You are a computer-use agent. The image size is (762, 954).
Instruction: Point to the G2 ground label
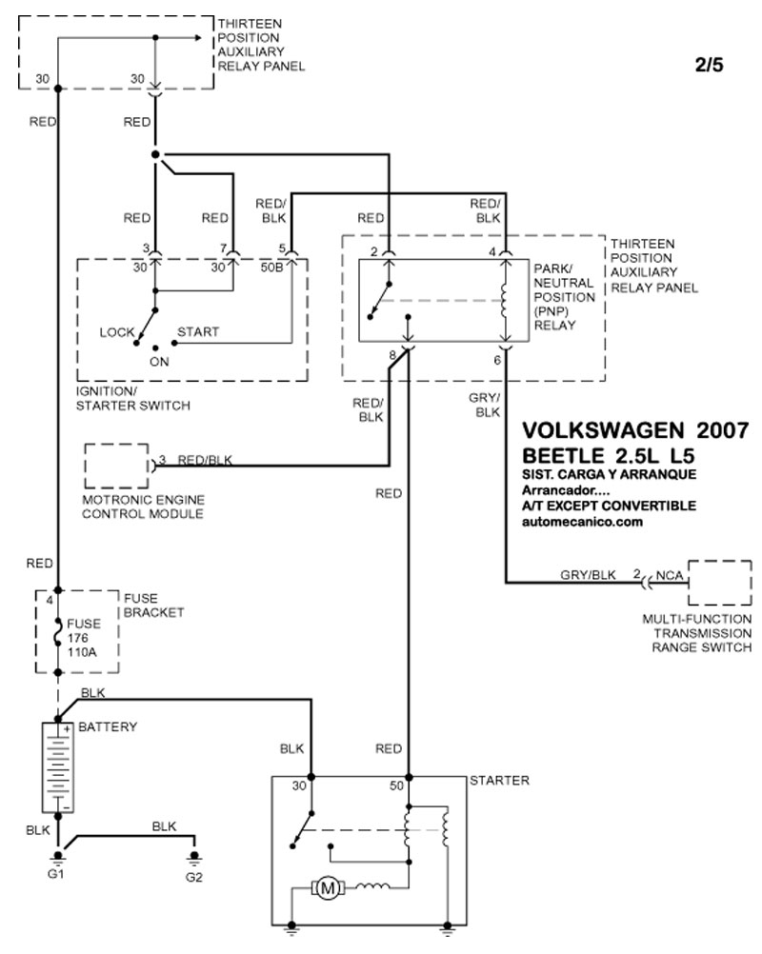click(x=194, y=875)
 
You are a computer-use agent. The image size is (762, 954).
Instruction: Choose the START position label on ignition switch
click(x=198, y=332)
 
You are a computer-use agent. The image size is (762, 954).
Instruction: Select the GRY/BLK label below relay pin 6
click(x=487, y=405)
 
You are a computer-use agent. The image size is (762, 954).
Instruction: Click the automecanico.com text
click(x=583, y=522)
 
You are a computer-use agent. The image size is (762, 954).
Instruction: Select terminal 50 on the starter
click(x=397, y=786)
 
